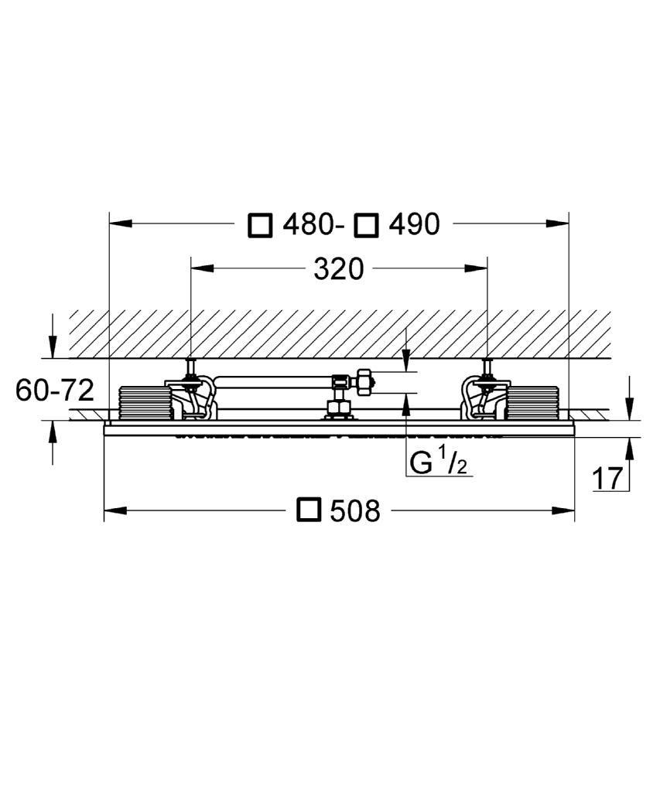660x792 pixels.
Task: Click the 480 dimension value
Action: [x=307, y=224]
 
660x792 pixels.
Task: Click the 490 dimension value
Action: [x=414, y=224]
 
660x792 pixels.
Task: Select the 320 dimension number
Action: [x=339, y=268]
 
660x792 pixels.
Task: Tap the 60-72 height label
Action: [x=55, y=390]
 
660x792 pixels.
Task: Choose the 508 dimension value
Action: [x=355, y=510]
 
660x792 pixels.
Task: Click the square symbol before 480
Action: [x=261, y=225]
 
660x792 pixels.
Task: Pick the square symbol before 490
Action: [x=367, y=225]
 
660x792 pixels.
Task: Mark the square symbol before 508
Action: [x=309, y=510]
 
